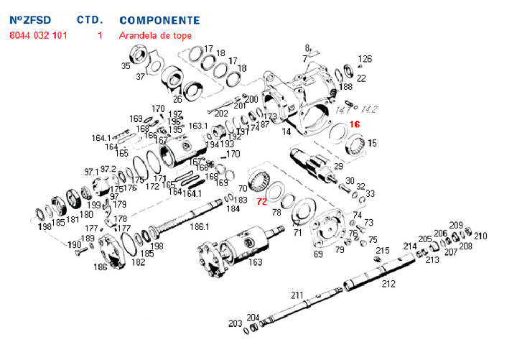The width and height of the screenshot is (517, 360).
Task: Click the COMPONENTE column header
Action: point(159,20)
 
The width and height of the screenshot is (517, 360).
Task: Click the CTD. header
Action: point(90,20)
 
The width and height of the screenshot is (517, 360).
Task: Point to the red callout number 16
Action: point(354,124)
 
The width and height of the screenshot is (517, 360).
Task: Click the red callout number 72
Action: point(262,202)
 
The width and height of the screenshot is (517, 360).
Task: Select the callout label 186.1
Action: point(198,226)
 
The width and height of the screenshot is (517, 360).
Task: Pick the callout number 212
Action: point(388,284)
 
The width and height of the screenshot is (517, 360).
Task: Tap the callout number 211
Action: point(297,295)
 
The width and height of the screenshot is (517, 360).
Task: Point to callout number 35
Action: point(126,65)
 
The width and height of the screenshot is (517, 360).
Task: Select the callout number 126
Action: point(365,59)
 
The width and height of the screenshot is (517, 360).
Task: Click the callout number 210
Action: point(480,236)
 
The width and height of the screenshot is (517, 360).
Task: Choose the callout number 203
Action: point(235,324)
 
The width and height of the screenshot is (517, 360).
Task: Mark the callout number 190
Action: point(75,245)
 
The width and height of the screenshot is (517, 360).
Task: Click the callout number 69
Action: point(318,254)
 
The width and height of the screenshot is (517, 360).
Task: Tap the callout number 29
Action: point(339,167)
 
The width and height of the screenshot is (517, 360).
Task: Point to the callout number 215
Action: point(383,251)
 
